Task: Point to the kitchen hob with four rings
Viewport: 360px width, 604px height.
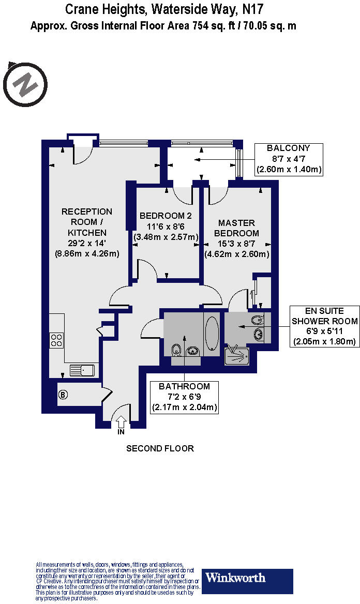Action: click(x=56, y=340)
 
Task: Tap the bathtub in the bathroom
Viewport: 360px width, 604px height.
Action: click(x=212, y=334)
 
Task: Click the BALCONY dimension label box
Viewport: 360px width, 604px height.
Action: click(x=289, y=158)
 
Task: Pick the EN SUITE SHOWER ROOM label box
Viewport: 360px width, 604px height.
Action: click(x=324, y=326)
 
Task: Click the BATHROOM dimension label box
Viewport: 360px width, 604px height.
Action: click(x=184, y=397)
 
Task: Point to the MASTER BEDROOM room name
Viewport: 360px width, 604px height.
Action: click(x=237, y=228)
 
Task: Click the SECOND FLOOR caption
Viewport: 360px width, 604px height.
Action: click(x=160, y=448)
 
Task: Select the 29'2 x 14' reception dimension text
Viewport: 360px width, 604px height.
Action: click(x=87, y=243)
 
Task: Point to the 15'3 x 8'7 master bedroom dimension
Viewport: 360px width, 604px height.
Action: click(x=237, y=244)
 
